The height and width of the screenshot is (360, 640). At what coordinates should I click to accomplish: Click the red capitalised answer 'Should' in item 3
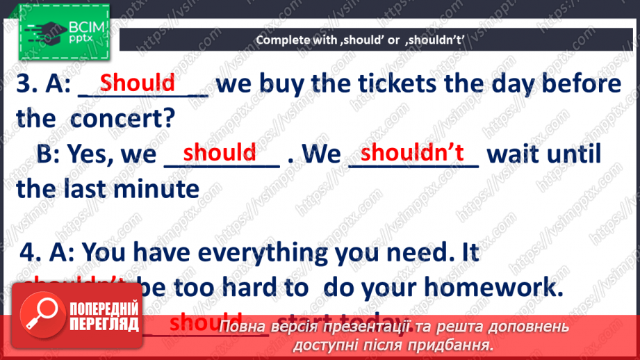pos(138,83)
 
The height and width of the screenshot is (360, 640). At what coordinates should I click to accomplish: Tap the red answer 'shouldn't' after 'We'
pos(413,152)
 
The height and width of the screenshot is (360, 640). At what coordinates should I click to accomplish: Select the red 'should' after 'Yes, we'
pos(220,152)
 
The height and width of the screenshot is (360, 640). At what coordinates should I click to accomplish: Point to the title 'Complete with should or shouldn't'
pos(369,40)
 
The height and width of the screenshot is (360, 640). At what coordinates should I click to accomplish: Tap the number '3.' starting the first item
pos(27,85)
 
